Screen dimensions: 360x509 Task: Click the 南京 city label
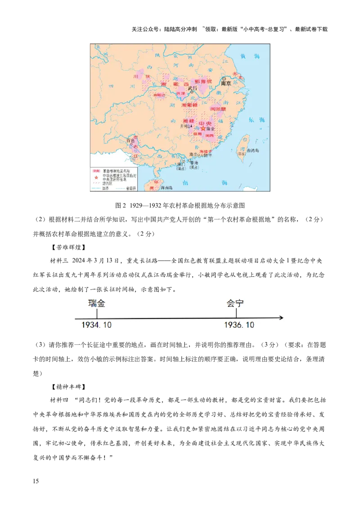click(x=225, y=84)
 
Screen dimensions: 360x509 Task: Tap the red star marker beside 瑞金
click(x=203, y=129)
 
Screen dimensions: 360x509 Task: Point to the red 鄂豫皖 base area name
click(x=203, y=81)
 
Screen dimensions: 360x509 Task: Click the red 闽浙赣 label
click(x=219, y=109)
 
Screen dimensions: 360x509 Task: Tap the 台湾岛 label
click(x=254, y=151)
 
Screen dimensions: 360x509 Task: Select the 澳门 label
click(x=182, y=165)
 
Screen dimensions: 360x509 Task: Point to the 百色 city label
click(x=130, y=141)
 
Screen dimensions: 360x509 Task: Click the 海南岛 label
click(x=166, y=188)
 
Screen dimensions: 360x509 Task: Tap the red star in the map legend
click(x=96, y=177)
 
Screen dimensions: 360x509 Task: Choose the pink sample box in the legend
click(x=96, y=171)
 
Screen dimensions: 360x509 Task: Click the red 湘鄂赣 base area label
click(x=189, y=105)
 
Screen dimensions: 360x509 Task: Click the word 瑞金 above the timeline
click(x=97, y=303)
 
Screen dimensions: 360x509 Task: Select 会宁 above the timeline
click(x=235, y=303)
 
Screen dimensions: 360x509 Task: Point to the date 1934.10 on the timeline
click(x=96, y=325)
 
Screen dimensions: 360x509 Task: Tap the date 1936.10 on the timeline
click(x=239, y=325)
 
